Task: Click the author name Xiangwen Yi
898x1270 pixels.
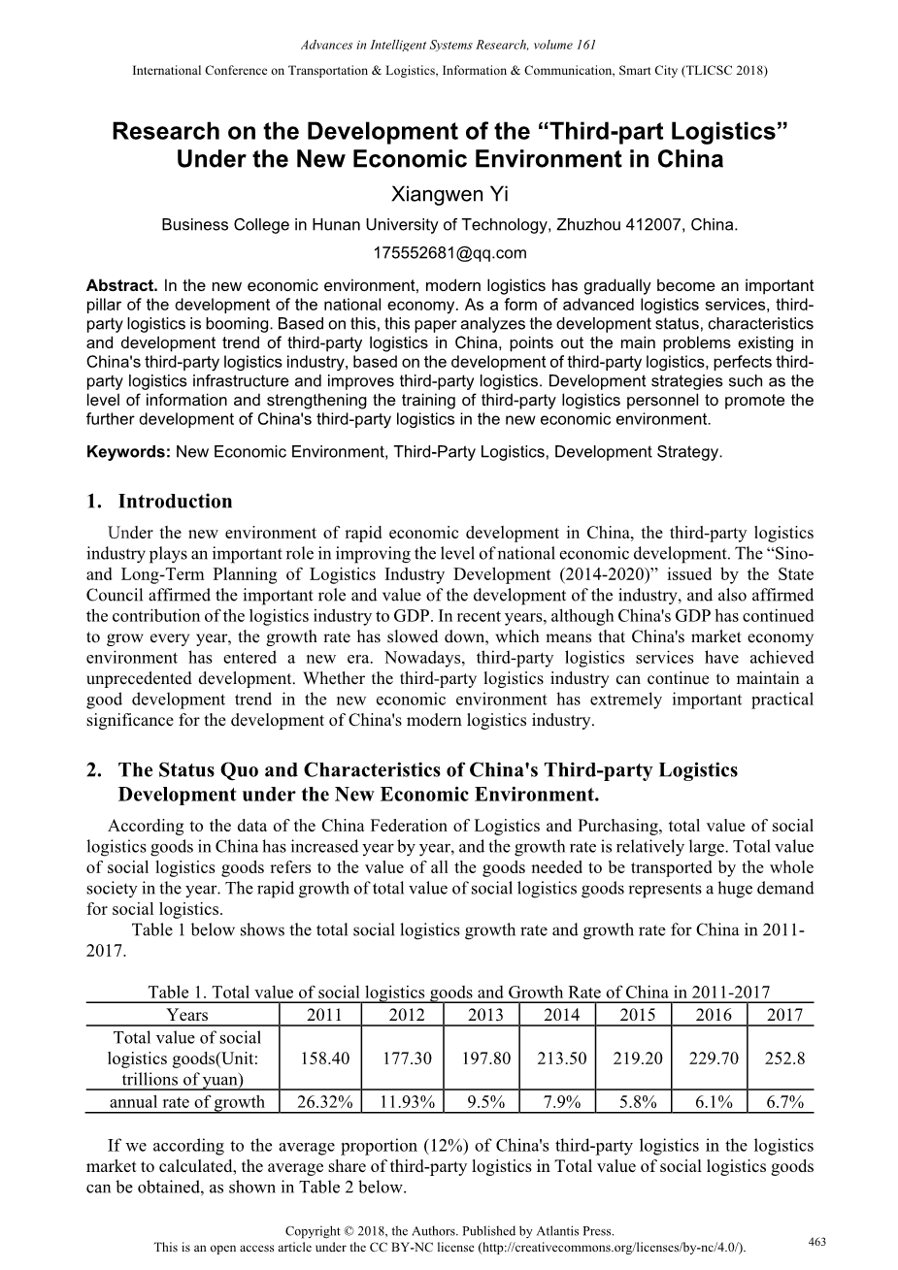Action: [x=449, y=194]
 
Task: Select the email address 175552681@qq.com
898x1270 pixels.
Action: [x=449, y=253]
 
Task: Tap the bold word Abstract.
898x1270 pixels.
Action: [x=121, y=286]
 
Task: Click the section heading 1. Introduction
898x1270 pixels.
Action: [x=159, y=502]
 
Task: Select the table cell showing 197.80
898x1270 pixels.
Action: [x=485, y=1058]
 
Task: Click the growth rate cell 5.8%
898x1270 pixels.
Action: [x=638, y=1101]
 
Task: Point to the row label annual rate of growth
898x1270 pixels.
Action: [x=186, y=1101]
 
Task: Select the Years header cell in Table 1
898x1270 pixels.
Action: [x=186, y=1015]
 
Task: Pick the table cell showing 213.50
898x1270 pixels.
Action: [x=561, y=1058]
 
